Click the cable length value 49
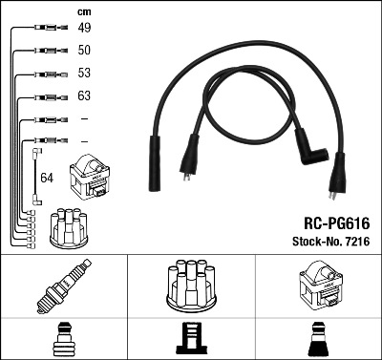point(84,28)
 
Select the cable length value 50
point(84,50)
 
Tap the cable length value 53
point(84,73)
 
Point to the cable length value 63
point(84,95)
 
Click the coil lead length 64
point(47,178)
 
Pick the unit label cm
point(84,12)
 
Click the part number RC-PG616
point(337,223)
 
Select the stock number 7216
point(357,242)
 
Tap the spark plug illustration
point(64,286)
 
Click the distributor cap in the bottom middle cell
point(191,286)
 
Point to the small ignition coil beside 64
point(90,177)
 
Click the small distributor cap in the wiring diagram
point(69,228)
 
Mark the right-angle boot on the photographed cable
point(309,148)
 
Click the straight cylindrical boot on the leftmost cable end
point(155,163)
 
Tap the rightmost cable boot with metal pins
point(337,176)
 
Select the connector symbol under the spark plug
point(64,339)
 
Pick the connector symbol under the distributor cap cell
point(191,339)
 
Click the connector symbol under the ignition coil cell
point(319,339)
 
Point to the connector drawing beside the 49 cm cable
point(51,28)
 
